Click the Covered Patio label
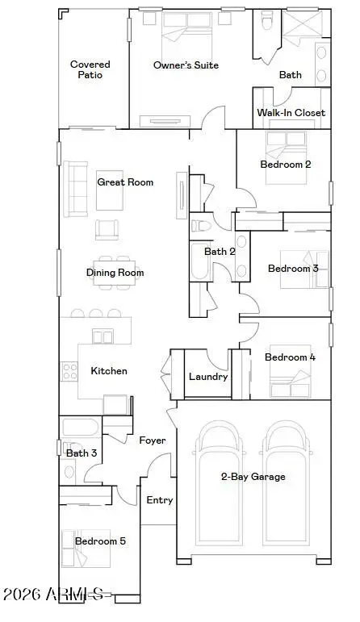90,69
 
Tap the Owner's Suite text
186,65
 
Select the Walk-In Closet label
291,113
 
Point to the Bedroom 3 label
292,269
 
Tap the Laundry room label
207,377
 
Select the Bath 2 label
220,252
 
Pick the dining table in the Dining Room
115,273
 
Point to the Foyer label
153,440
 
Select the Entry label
159,500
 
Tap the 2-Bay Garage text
253,477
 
